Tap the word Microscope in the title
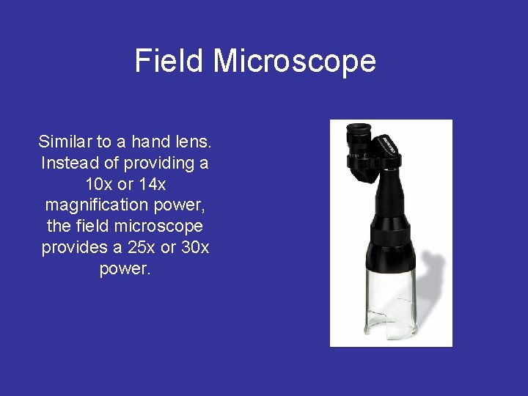click(295, 62)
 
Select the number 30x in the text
click(194, 247)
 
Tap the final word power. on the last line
click(125, 268)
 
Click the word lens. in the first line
click(194, 141)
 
